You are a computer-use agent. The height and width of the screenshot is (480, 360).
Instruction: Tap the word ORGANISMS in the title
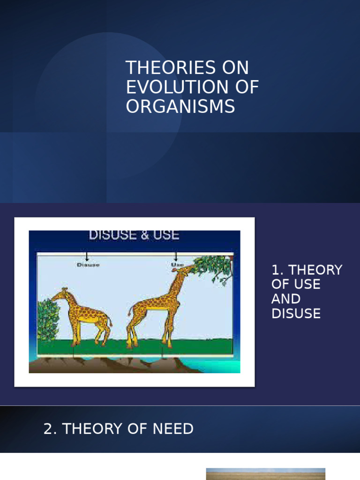180,107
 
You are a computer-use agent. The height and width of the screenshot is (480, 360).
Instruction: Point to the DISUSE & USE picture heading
134,235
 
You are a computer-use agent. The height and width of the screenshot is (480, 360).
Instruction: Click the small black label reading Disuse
88,265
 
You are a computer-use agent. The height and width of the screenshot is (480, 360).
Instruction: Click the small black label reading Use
177,265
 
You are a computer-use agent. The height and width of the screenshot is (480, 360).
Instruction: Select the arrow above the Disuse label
87,256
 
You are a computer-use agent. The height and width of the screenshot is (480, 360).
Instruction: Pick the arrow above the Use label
176,256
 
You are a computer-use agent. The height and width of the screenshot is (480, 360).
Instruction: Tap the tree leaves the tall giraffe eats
213,269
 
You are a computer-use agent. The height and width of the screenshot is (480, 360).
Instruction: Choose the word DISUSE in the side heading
296,314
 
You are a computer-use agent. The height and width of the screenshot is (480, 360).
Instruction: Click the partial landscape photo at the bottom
265,473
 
